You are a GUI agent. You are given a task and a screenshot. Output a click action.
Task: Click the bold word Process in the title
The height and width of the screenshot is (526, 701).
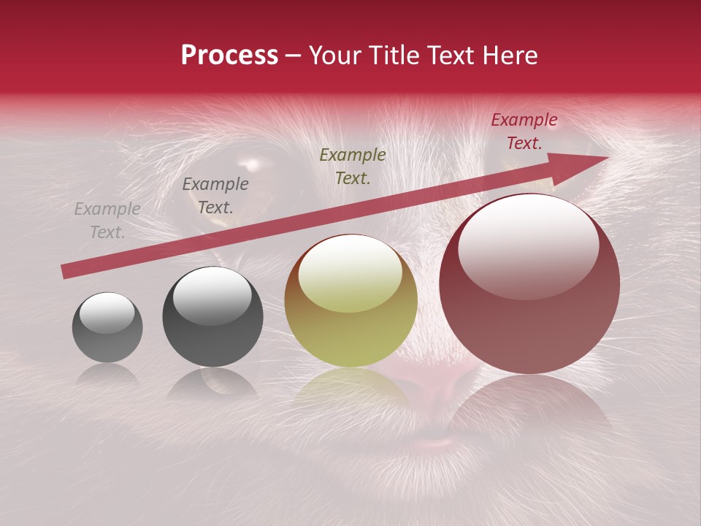229,56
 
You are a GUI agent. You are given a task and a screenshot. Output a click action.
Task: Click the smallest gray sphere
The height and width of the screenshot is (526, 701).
107,327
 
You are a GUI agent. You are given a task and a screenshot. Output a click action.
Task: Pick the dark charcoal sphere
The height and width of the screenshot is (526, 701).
212,316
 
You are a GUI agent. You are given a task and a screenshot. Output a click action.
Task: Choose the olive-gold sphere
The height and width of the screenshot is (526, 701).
351,300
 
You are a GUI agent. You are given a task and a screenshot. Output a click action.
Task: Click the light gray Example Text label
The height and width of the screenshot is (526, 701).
107,221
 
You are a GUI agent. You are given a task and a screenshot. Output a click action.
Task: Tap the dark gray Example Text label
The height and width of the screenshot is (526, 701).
215,196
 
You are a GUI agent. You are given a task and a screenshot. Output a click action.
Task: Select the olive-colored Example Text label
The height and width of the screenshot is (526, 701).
353,166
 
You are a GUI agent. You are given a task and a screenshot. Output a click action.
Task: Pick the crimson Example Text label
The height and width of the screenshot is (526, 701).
524,131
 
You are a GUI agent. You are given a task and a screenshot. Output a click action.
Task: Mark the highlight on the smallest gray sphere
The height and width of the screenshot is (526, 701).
107,313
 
